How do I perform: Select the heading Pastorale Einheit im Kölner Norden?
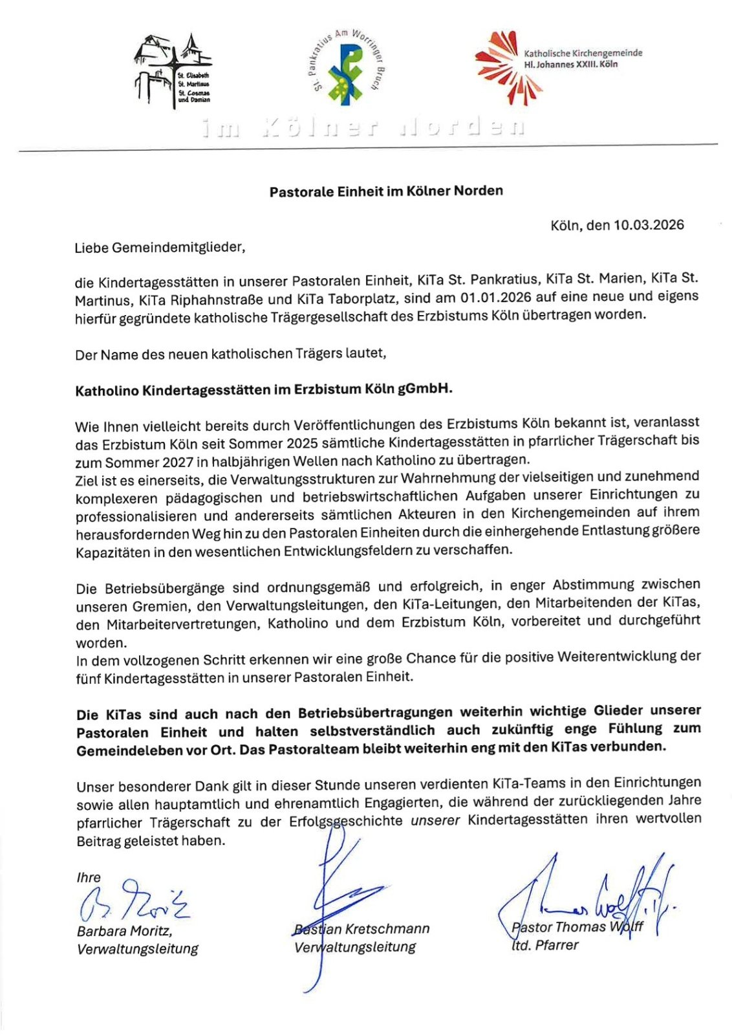(386, 191)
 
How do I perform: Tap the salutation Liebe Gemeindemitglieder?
(160, 247)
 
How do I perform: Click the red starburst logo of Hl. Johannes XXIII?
(499, 67)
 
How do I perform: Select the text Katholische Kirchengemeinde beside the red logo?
(583, 53)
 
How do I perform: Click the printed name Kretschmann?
(387, 929)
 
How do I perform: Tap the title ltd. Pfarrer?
(544, 945)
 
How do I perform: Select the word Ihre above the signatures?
(89, 878)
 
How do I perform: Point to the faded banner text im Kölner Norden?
(362, 127)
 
